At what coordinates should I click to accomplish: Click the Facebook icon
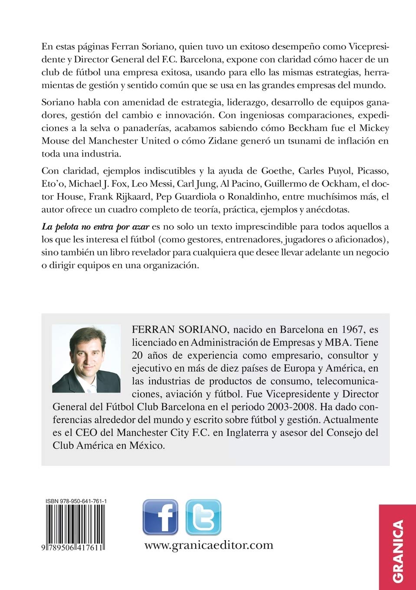click(160, 517)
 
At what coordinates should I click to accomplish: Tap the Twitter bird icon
click(203, 517)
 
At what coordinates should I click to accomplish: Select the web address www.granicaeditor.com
click(209, 545)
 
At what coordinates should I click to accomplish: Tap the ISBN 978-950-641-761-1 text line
click(76, 501)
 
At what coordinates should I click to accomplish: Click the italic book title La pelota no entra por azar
click(95, 226)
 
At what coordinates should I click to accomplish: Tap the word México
click(147, 446)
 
